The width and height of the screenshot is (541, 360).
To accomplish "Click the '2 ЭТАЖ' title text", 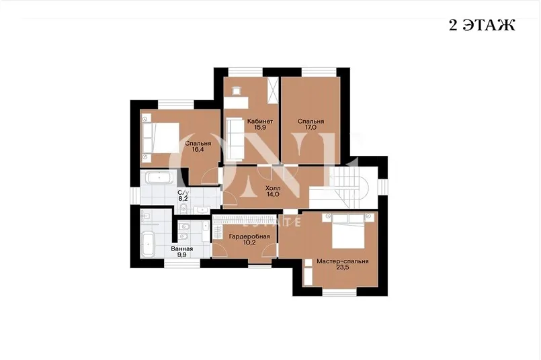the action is (482, 25).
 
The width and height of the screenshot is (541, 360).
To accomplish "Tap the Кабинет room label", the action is (260, 121).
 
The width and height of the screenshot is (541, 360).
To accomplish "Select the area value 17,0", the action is (310, 127).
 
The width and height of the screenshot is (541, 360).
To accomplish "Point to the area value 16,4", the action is (198, 149).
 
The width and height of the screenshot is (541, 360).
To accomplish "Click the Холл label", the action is (273, 188).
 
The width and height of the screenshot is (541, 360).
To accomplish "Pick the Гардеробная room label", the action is (249, 236).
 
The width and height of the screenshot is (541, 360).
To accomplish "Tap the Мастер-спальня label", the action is (343, 261).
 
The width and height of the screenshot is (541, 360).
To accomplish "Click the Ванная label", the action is (182, 249).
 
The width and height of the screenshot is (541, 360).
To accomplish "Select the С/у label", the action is (183, 193).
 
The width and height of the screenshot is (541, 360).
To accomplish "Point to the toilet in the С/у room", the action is (183, 208).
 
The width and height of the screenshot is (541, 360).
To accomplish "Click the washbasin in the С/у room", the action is (200, 209).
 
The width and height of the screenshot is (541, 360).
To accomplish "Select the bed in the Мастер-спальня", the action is (349, 230).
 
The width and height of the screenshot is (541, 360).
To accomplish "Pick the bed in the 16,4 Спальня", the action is (161, 137).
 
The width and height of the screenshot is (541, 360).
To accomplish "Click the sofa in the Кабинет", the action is (235, 138).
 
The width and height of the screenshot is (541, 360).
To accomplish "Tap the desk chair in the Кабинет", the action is (237, 91).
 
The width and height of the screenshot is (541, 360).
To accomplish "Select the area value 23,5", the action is (343, 267).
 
